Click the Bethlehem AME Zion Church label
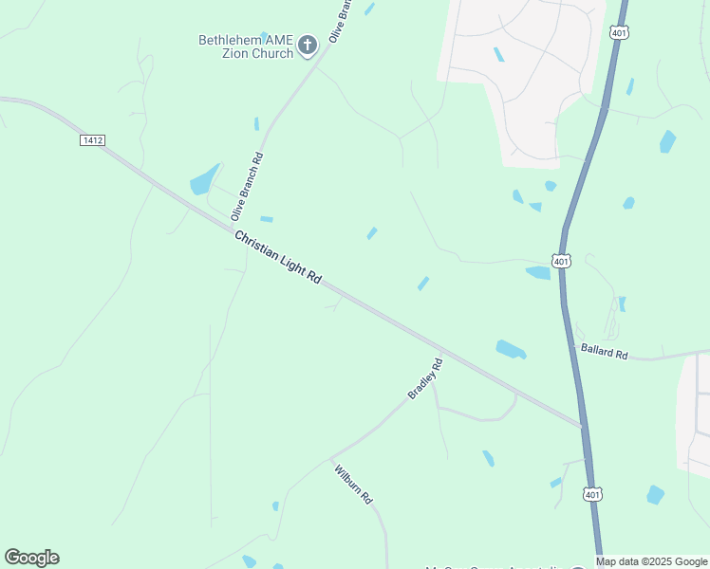246,46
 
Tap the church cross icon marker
307,45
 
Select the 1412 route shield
92,139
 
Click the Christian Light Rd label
278,256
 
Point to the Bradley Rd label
425,377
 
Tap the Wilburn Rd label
352,483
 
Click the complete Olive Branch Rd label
246,186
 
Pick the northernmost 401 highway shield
618,32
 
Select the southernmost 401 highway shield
591,494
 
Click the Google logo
31,558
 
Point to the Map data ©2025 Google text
651,561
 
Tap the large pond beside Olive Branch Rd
203,180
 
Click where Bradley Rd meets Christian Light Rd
443,354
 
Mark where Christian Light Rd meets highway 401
581,426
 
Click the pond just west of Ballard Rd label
511,349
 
